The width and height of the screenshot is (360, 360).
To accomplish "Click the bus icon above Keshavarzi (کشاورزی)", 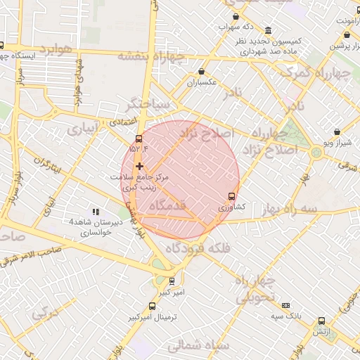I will tap(231, 196).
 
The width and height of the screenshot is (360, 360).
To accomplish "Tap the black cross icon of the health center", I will tap(139, 166).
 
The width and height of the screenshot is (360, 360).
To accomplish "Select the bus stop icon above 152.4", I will tap(139, 139).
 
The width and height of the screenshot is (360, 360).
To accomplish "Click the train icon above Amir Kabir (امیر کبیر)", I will tap(172, 281).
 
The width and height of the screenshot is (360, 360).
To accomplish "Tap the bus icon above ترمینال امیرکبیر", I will tap(153, 306).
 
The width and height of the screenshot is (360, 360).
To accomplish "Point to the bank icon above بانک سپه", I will tap(285, 305).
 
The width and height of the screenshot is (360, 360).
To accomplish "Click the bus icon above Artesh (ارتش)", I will tap(321, 321).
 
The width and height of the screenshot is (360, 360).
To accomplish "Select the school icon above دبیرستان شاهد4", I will tap(96, 211).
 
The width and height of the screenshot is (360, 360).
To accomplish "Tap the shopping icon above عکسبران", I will tap(202, 71).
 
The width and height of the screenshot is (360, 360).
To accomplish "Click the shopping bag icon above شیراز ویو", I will tap(337, 131).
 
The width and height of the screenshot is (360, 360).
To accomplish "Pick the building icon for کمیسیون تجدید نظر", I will tap(269, 30).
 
